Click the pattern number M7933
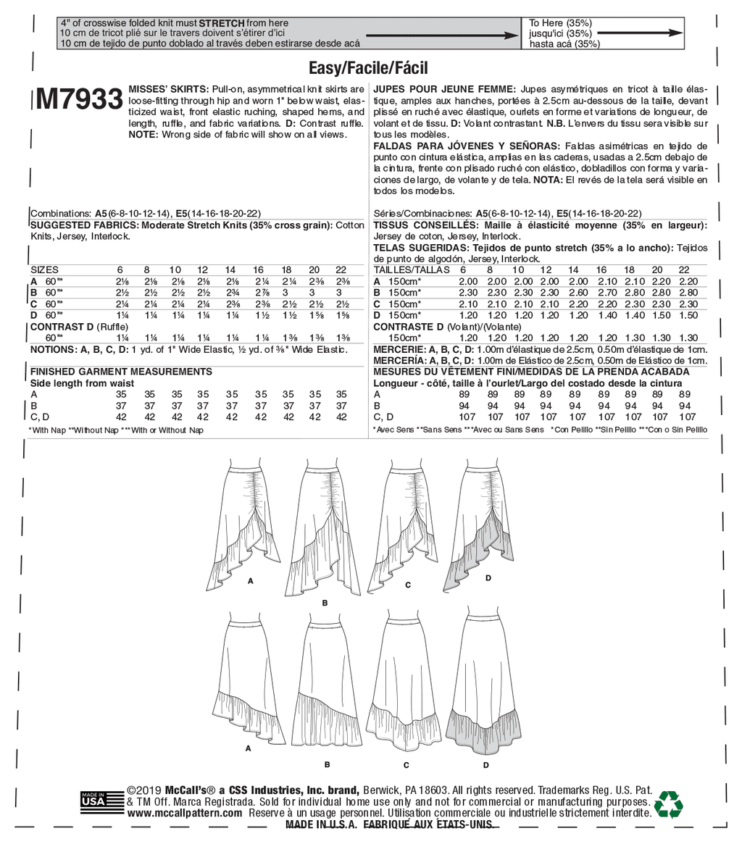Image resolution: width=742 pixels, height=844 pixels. [x=78, y=99]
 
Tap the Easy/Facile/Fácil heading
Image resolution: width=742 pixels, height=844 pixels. [x=368, y=68]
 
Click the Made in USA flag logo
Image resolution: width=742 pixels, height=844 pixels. [x=93, y=800]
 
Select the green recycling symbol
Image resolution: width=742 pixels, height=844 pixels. [x=668, y=803]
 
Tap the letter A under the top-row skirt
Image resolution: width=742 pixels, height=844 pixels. [x=251, y=581]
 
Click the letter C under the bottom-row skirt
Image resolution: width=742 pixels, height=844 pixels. [x=407, y=745]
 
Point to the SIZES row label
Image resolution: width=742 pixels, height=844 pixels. [x=44, y=270]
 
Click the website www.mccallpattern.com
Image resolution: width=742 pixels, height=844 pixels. [x=185, y=813]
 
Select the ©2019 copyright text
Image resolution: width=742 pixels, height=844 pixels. [x=145, y=790]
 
